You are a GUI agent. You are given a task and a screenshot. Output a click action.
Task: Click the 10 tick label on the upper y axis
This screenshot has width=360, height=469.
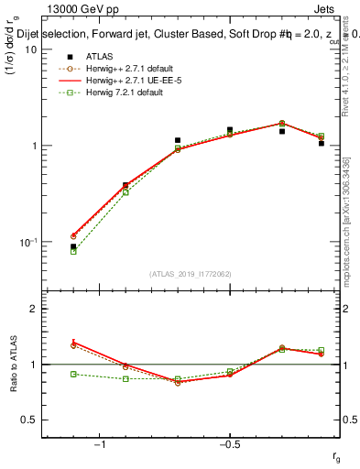[x=29, y=49]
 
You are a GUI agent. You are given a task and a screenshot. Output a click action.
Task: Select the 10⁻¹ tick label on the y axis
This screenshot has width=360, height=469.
[x=27, y=243]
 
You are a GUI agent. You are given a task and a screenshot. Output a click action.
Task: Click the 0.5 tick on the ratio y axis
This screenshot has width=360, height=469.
[x=29, y=420]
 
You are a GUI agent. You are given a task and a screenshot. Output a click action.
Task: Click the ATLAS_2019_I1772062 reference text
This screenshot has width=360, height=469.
[x=191, y=274]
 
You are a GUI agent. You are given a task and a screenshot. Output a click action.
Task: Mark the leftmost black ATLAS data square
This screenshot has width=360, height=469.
[x=73, y=246]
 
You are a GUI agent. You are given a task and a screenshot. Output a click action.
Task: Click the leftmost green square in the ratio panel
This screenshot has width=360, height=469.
[x=73, y=374]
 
